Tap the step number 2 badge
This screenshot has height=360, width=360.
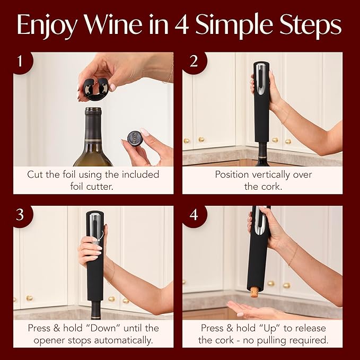point(193,62)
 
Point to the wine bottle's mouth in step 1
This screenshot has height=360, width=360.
point(93,111)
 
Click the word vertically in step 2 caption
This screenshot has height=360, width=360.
point(264,174)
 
